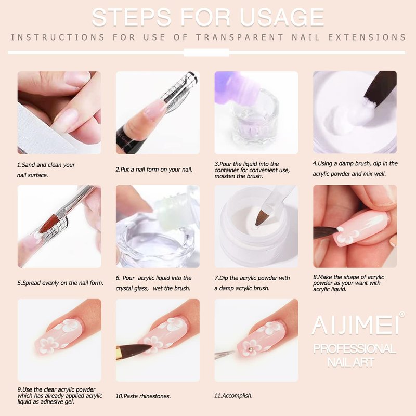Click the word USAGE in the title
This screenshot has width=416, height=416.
282,18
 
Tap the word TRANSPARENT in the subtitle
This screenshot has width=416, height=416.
240,37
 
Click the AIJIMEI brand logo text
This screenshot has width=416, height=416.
355,325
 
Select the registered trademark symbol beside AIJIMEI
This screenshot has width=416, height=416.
401,315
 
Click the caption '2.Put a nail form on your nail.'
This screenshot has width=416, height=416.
154,170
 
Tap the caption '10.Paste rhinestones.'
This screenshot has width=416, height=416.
144,396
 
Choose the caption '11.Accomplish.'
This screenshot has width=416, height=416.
233,395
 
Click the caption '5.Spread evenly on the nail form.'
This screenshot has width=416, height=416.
60,283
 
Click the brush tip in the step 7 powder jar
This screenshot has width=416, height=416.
262,217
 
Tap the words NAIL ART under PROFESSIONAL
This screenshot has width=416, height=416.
350,362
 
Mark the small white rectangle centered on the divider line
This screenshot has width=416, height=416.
206,53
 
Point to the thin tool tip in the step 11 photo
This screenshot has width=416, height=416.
225,355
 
